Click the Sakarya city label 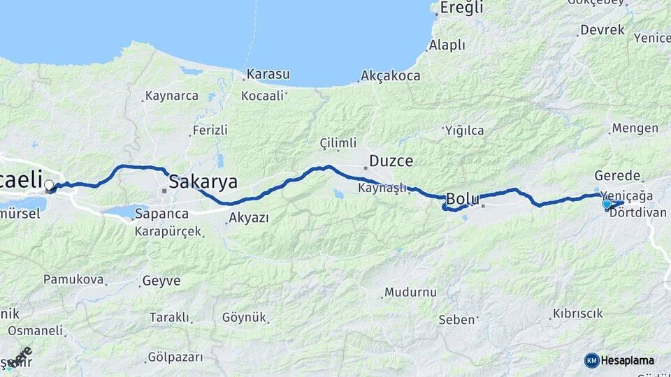[x=203, y=182]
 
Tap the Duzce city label [x=391, y=161]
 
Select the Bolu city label [x=463, y=199]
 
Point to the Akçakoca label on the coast [x=391, y=76]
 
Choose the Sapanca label [x=161, y=213]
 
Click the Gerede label [x=617, y=175]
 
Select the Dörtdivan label [x=637, y=212]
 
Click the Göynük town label [x=245, y=317]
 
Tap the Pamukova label [x=73, y=279]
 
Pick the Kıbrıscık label [x=578, y=313]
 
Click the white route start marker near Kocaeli [x=49, y=186]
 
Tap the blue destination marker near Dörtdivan [x=607, y=204]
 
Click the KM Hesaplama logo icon [x=592, y=360]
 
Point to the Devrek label [x=602, y=31]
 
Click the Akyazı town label [x=248, y=219]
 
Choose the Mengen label [x=635, y=128]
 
